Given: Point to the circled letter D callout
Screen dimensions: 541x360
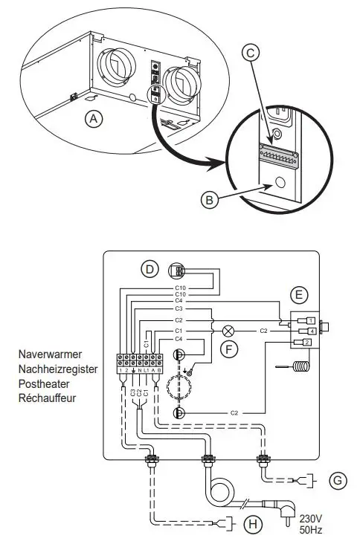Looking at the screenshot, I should tap(150, 268).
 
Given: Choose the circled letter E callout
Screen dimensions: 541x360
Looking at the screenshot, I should tap(300, 294).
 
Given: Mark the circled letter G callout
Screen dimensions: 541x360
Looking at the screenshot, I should tap(338, 481).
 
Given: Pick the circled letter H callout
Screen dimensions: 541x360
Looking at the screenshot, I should tap(255, 525).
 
